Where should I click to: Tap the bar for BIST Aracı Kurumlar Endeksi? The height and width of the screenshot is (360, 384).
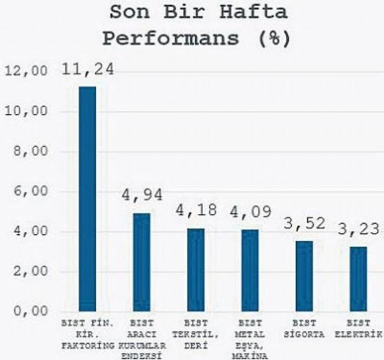[141, 262]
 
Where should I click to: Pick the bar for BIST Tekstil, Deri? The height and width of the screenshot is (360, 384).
[195, 270]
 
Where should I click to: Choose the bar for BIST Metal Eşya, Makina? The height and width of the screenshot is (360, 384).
[250, 270]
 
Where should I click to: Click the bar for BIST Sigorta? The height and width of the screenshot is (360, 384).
[304, 276]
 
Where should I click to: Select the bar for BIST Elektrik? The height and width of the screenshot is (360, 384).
[358, 279]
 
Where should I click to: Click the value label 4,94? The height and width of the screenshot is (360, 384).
[141, 195]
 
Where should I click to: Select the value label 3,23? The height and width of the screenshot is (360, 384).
[359, 228]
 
